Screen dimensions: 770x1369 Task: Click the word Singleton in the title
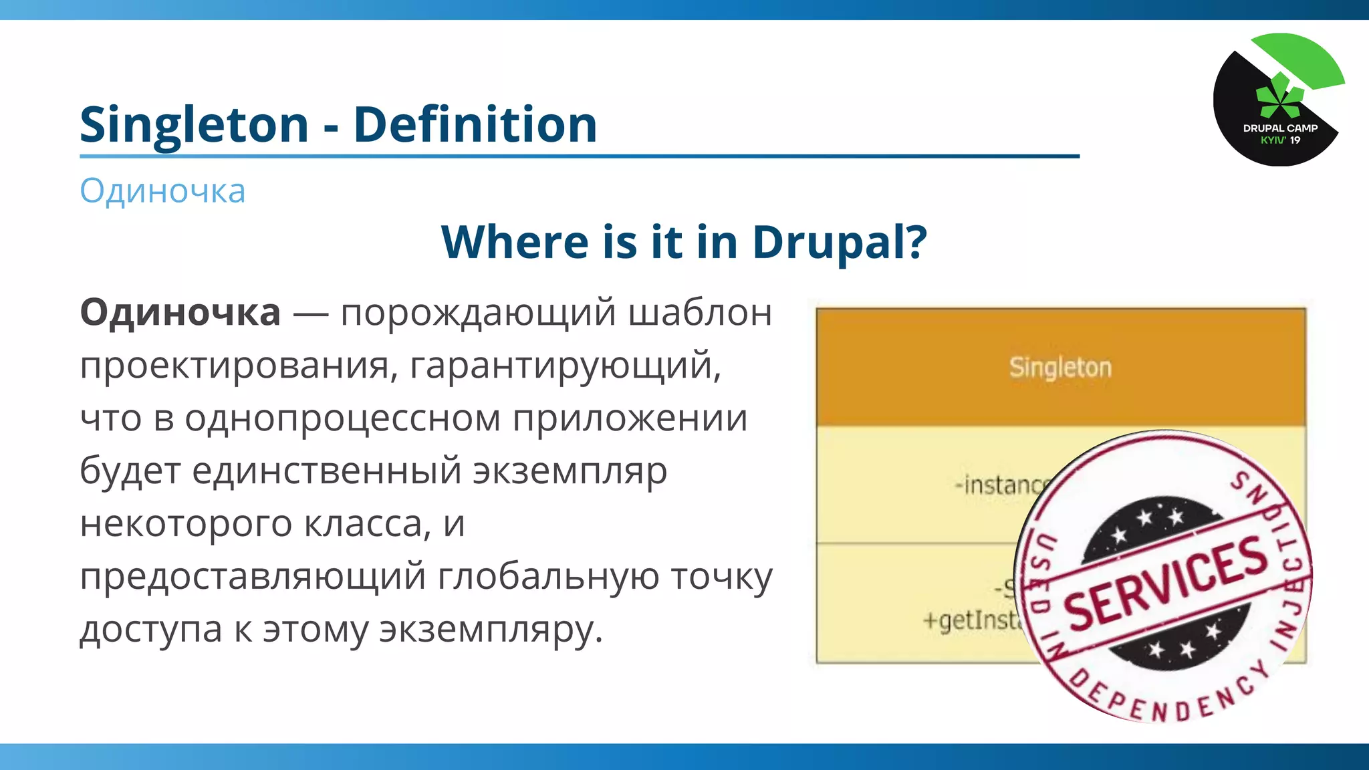coord(194,125)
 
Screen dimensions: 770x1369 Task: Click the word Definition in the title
coord(475,125)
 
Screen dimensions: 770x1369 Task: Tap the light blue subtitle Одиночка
coord(162,191)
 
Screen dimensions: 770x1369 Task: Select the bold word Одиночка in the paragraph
coord(180,313)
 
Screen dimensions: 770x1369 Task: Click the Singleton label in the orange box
coord(1060,368)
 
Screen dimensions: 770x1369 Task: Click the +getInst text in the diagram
coord(973,620)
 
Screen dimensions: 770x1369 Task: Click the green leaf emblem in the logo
coord(1279,98)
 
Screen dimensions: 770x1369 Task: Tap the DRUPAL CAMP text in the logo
coord(1280,128)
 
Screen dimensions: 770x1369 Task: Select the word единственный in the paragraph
coord(326,471)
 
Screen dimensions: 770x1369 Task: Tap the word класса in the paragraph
coord(367,524)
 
